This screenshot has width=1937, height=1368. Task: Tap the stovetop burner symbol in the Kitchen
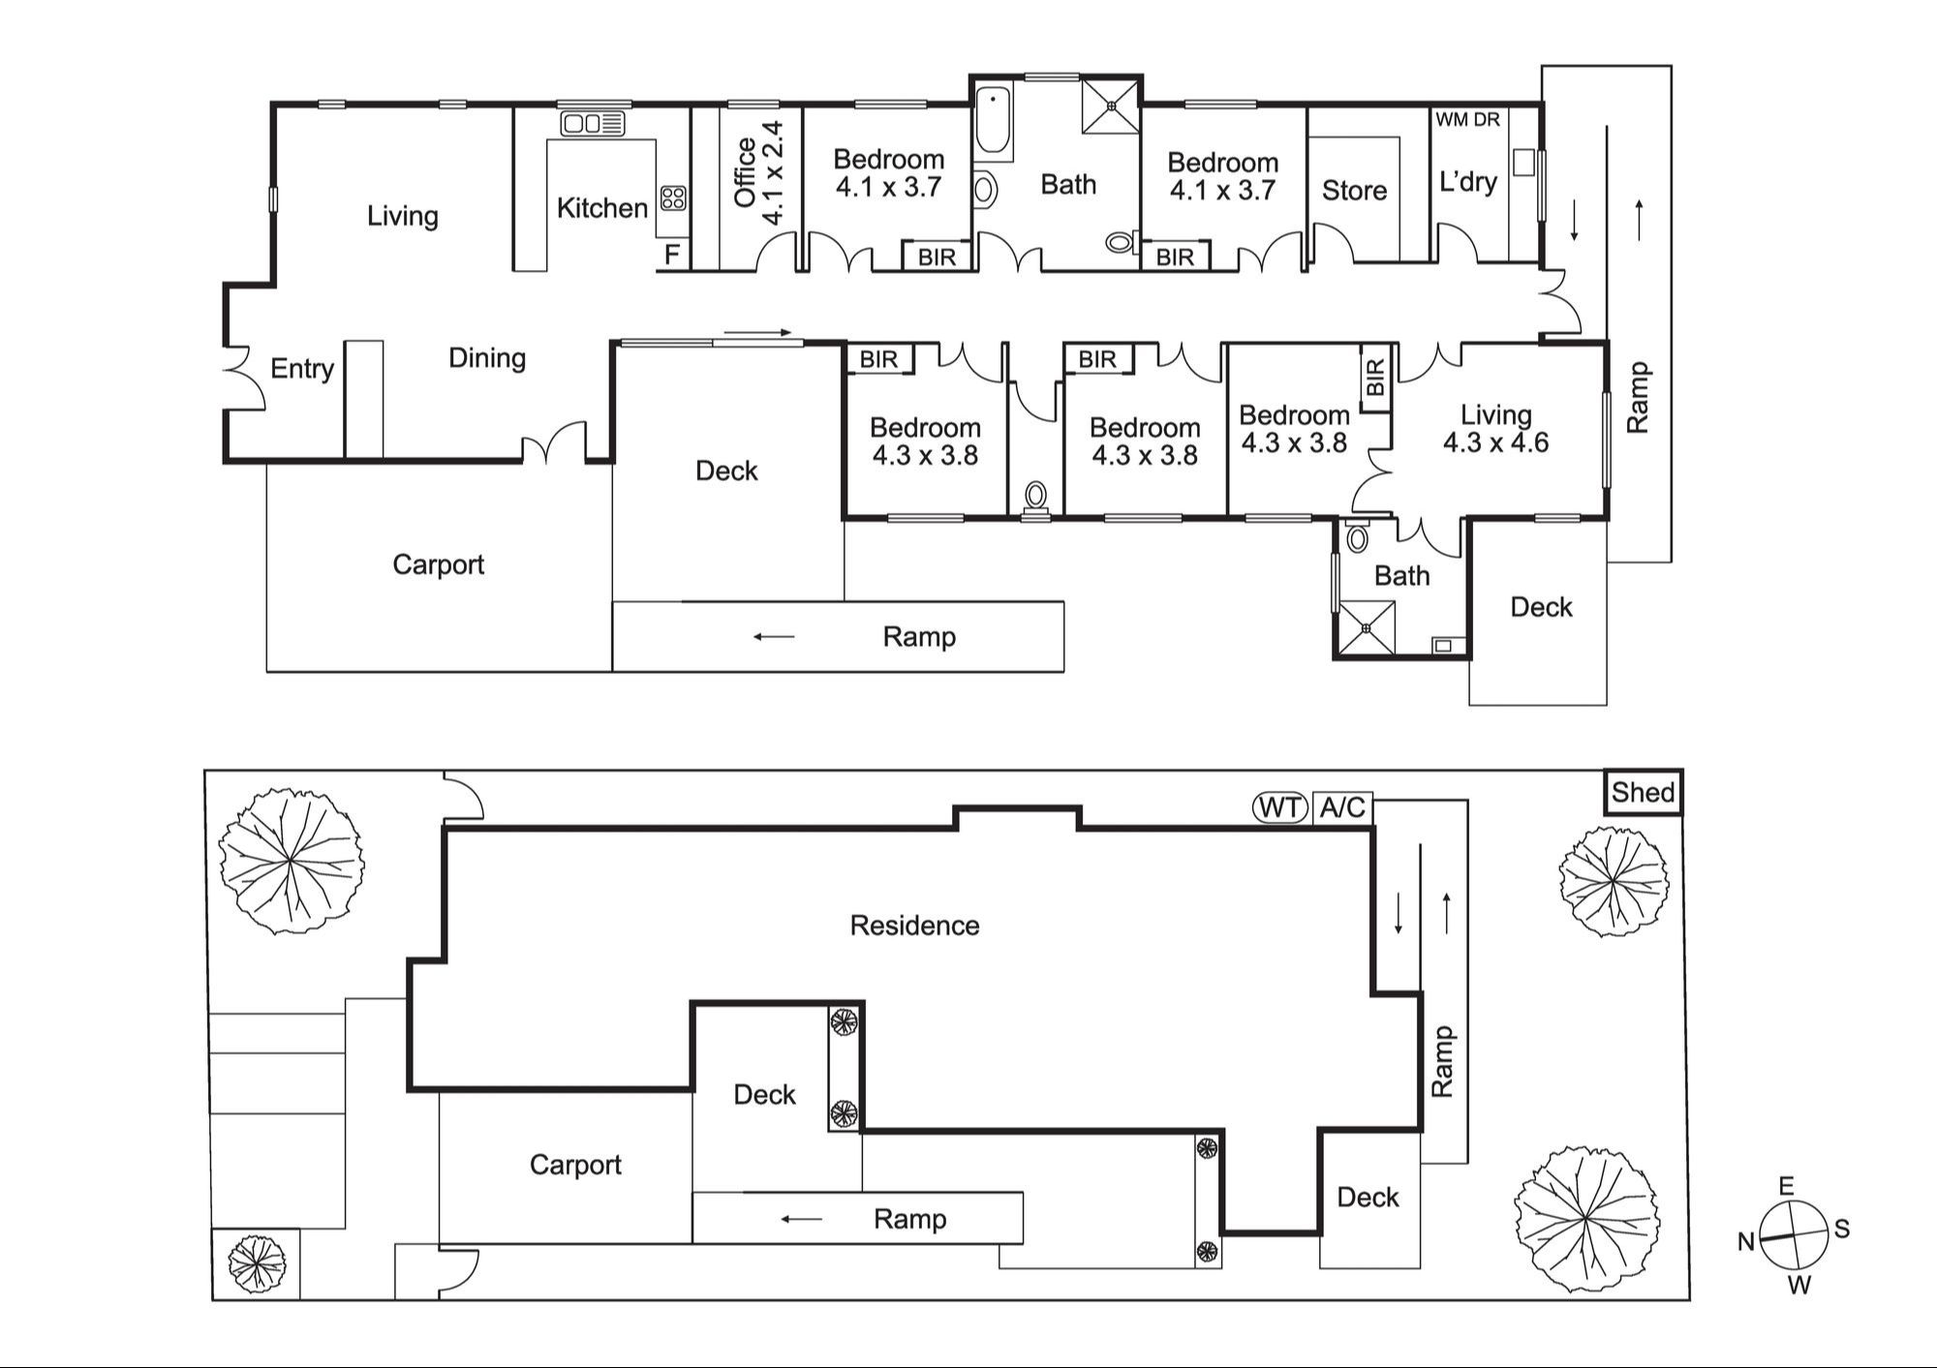673,198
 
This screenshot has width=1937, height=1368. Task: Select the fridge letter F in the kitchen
672,257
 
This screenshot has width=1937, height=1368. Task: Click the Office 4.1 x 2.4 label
758,173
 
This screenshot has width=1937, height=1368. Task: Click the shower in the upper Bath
1111,106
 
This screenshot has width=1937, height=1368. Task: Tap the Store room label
1354,191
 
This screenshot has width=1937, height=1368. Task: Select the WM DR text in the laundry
1467,120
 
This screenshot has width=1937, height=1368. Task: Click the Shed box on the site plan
1643,793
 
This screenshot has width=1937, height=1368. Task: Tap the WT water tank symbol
1280,807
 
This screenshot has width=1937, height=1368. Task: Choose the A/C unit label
1342,807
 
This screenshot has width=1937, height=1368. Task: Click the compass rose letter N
1746,1242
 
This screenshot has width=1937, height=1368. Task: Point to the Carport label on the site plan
575,1165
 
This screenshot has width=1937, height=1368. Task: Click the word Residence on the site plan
914,926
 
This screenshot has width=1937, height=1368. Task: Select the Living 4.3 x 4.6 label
1495,429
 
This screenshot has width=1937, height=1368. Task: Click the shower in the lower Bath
1367,627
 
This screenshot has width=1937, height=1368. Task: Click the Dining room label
487,358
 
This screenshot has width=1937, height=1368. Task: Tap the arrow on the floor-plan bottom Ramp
774,637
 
